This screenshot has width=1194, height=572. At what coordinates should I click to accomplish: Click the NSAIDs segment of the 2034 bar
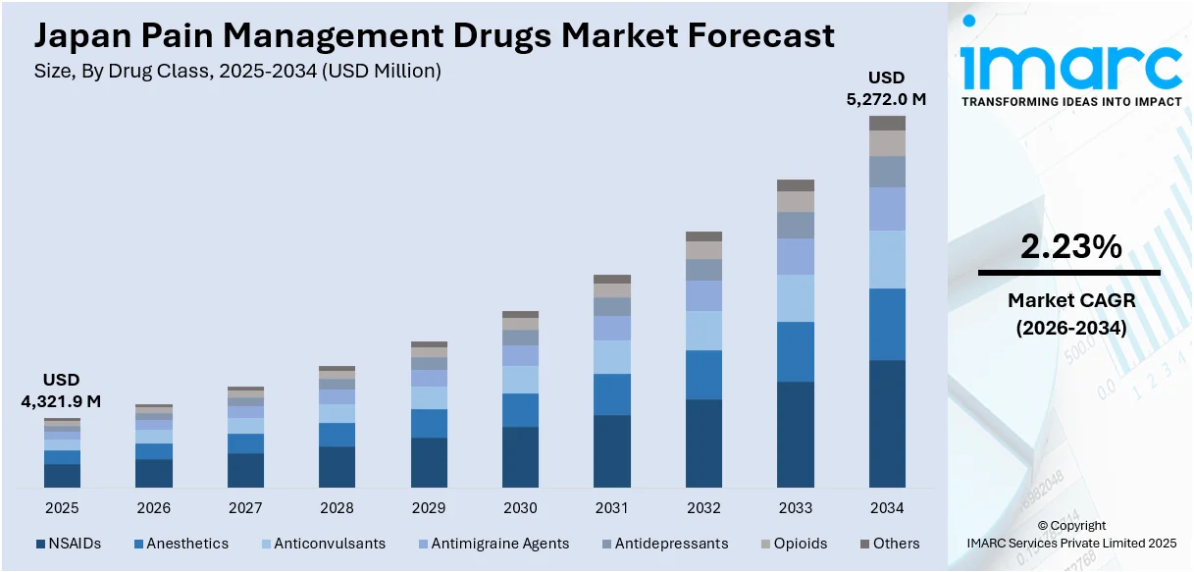(x=887, y=423)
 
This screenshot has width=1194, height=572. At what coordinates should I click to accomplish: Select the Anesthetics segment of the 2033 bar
(x=796, y=351)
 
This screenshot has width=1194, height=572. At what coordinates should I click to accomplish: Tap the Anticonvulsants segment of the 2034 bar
(x=887, y=259)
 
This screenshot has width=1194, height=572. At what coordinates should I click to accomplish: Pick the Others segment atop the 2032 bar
(x=703, y=236)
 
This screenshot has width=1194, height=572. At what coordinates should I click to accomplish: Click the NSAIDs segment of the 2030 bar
(x=520, y=456)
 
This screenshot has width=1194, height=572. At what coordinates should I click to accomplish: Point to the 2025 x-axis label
(x=62, y=508)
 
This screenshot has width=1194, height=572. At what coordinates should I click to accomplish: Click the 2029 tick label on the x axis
(x=429, y=508)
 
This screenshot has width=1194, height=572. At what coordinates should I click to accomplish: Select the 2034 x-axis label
(x=887, y=508)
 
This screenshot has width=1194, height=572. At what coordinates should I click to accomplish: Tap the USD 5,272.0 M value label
(x=886, y=88)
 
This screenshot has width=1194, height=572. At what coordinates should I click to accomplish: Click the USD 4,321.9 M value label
(x=61, y=390)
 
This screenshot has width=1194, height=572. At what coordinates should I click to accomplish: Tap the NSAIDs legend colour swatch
(x=40, y=544)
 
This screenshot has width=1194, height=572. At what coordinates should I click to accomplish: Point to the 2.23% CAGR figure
(x=1070, y=248)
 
